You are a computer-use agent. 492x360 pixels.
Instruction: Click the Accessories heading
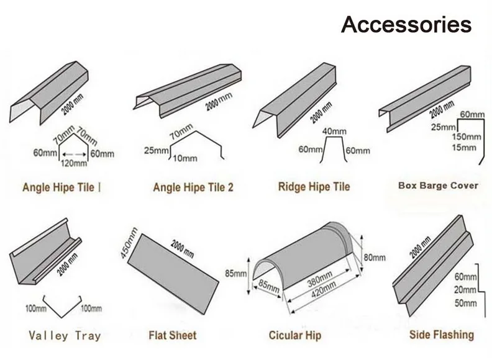click(x=406, y=24)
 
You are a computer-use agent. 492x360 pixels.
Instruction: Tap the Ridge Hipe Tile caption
click(x=314, y=186)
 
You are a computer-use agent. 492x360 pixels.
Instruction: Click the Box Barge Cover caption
click(x=438, y=185)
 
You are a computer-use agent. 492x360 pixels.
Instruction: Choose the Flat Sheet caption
click(x=173, y=336)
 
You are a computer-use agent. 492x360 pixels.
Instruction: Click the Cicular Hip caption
click(x=294, y=336)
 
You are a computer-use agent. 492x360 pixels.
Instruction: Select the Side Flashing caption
click(x=442, y=335)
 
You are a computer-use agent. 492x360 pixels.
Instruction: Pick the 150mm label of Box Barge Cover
click(x=465, y=137)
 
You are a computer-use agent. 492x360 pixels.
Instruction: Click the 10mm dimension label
click(x=184, y=158)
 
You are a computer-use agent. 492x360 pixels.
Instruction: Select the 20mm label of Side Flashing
click(x=465, y=290)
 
